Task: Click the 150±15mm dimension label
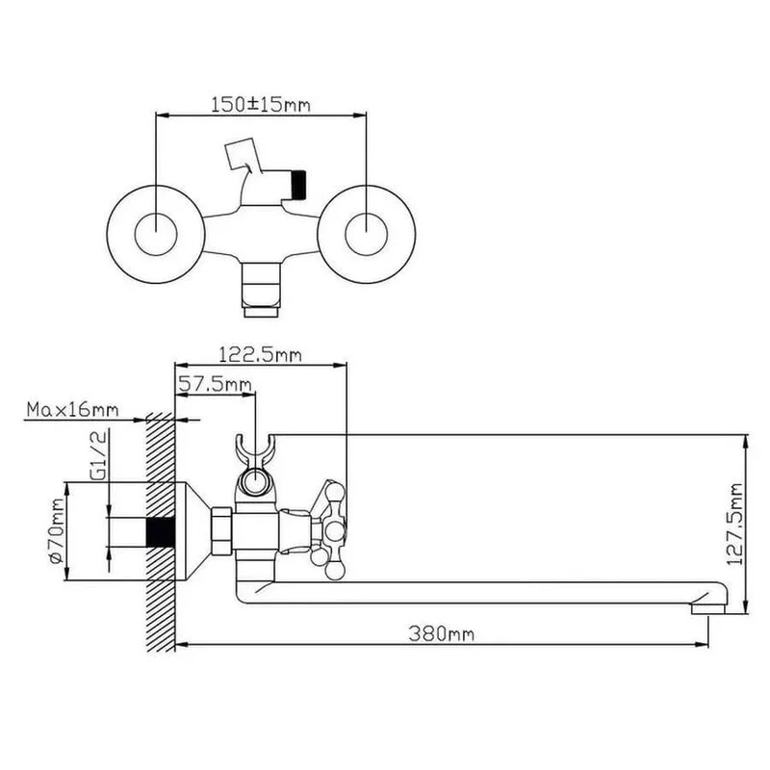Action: pos(260,105)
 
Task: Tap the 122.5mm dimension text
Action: pos(260,354)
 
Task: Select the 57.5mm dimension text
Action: pos(215,383)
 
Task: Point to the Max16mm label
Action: pos(73,410)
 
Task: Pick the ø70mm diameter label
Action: pos(57,531)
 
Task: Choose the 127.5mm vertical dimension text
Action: pos(734,525)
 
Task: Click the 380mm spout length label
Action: pos(442,634)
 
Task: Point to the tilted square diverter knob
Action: pos(240,156)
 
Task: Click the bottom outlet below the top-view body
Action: pos(261,290)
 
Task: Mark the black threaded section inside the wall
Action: pos(161,532)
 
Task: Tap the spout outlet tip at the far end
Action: pos(708,609)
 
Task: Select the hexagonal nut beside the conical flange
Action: pos(222,532)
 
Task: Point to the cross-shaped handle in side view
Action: pos(330,531)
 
